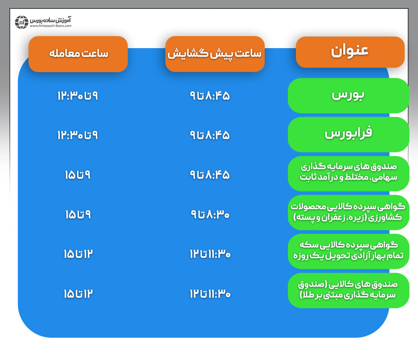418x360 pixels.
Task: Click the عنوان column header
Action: point(350,52)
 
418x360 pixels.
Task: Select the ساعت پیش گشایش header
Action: point(215,53)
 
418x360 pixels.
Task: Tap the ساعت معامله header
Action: point(78,53)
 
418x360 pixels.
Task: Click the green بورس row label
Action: point(348,95)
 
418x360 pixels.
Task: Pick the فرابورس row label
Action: point(348,134)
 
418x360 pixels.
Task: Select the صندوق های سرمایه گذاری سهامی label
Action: point(348,173)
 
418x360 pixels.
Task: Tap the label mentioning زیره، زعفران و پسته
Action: point(348,212)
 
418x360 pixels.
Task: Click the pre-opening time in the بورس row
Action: point(210,96)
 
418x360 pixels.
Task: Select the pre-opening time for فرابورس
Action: point(210,135)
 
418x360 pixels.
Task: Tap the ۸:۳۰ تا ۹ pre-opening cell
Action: point(210,214)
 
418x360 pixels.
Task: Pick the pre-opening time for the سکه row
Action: point(210,254)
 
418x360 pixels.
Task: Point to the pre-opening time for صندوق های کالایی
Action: point(210,294)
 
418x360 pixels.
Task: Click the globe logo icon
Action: point(21,22)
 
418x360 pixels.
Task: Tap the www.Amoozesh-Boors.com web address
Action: point(50,26)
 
